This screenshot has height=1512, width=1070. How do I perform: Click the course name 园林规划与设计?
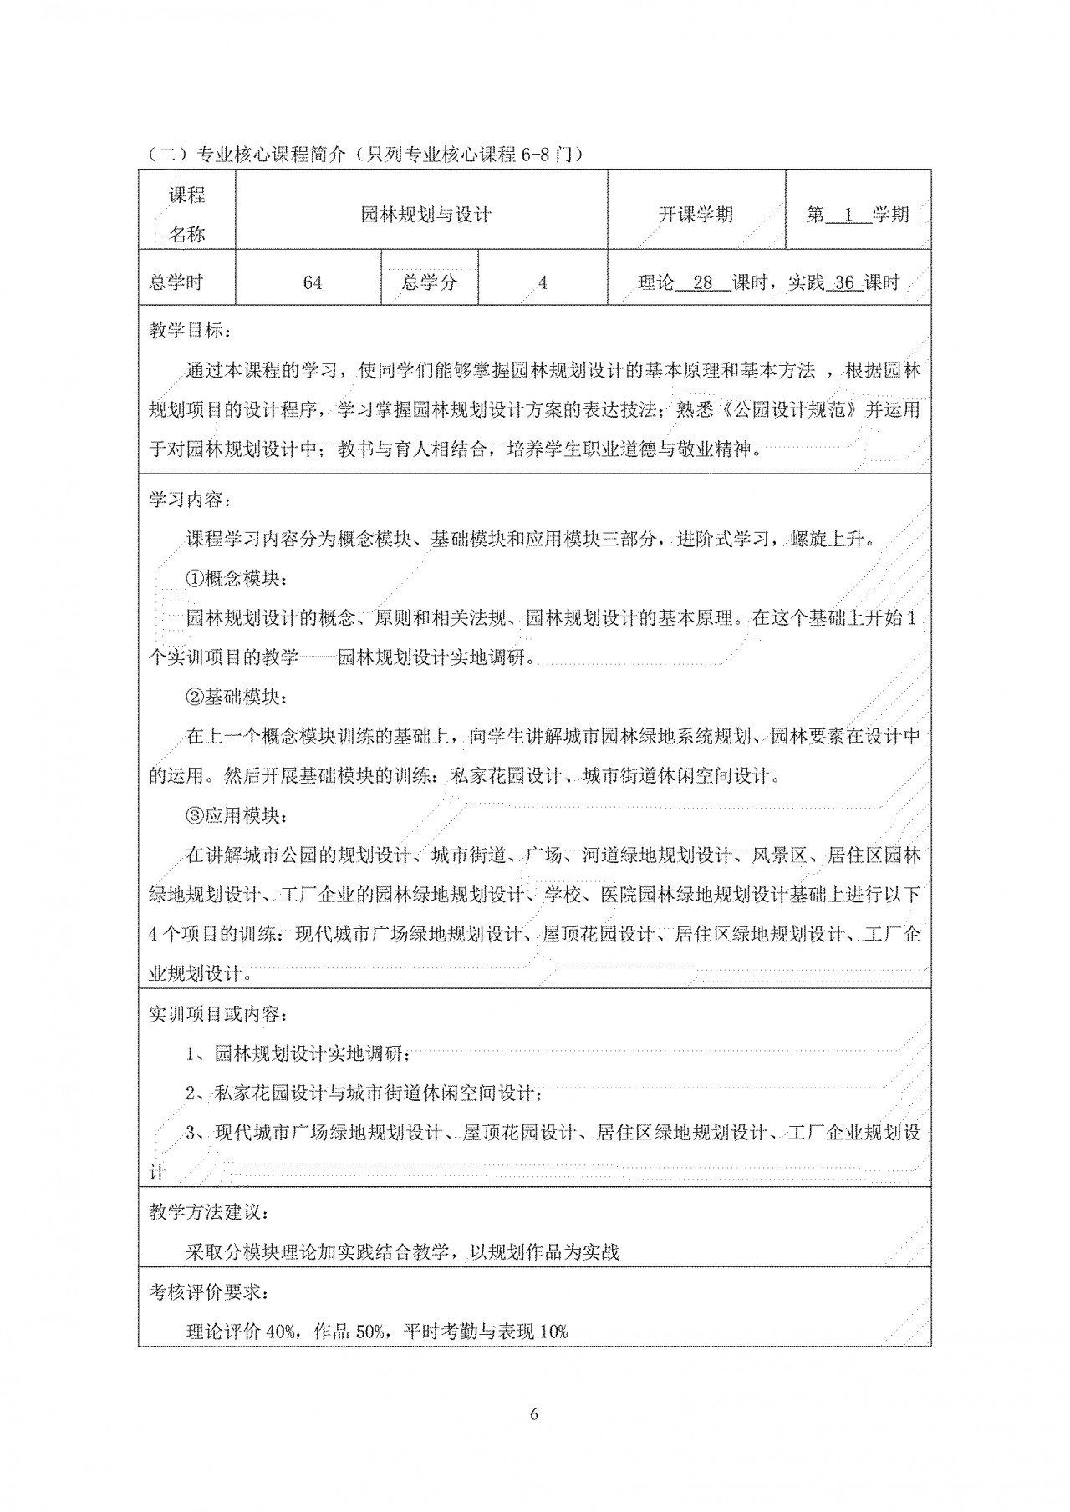(425, 215)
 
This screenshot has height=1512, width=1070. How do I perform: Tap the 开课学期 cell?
(695, 215)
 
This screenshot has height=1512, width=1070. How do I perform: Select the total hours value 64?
(312, 283)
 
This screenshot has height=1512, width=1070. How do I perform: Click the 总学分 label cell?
(430, 282)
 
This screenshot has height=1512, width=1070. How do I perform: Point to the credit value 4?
(543, 283)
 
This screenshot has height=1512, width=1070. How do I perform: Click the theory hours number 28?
(702, 282)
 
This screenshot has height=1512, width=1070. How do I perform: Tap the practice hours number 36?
(844, 282)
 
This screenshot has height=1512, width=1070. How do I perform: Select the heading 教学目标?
(187, 330)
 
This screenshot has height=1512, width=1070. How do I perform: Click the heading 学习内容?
(187, 500)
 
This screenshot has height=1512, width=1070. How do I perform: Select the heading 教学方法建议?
(209, 1212)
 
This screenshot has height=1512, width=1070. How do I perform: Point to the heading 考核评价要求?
(209, 1291)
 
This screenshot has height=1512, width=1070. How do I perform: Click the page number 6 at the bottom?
(534, 1413)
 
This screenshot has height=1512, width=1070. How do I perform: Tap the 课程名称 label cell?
(187, 215)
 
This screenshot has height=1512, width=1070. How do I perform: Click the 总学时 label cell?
(176, 282)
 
